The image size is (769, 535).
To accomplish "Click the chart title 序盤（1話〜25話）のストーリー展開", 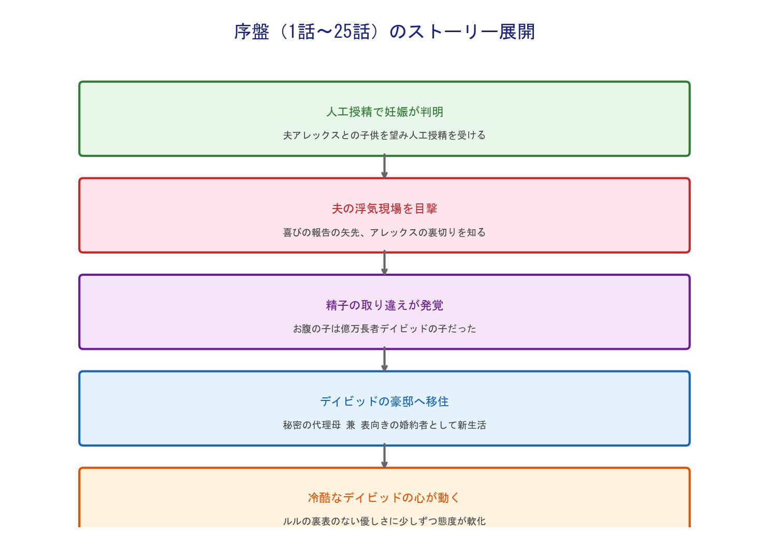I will pos(384,32).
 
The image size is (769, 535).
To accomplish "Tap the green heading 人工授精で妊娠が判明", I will pos(384,112).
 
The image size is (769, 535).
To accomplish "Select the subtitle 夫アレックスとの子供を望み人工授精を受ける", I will pos(384,136).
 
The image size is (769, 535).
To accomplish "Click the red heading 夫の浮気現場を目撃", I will pos(384,209).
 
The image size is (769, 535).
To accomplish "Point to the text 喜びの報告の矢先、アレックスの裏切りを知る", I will pos(384,233).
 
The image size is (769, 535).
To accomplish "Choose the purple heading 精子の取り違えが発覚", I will pos(384,305).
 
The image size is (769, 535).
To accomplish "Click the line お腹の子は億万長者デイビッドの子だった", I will pos(384,329).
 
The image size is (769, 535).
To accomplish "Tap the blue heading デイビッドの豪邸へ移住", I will pos(384,402).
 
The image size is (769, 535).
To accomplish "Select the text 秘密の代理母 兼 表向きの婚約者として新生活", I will pos(384,425).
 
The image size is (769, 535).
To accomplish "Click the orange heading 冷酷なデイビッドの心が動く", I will pos(384,498).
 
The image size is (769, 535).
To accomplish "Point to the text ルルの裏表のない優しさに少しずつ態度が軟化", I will pos(384,522).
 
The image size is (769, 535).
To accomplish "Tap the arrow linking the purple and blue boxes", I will pos(384,360).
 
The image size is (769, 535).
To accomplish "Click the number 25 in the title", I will pos(342,32).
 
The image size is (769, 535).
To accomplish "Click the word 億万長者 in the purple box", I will pos(360,329).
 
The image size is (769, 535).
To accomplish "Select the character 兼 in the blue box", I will pos(351,425).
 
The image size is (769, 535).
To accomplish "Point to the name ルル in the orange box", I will pos(292,522).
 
